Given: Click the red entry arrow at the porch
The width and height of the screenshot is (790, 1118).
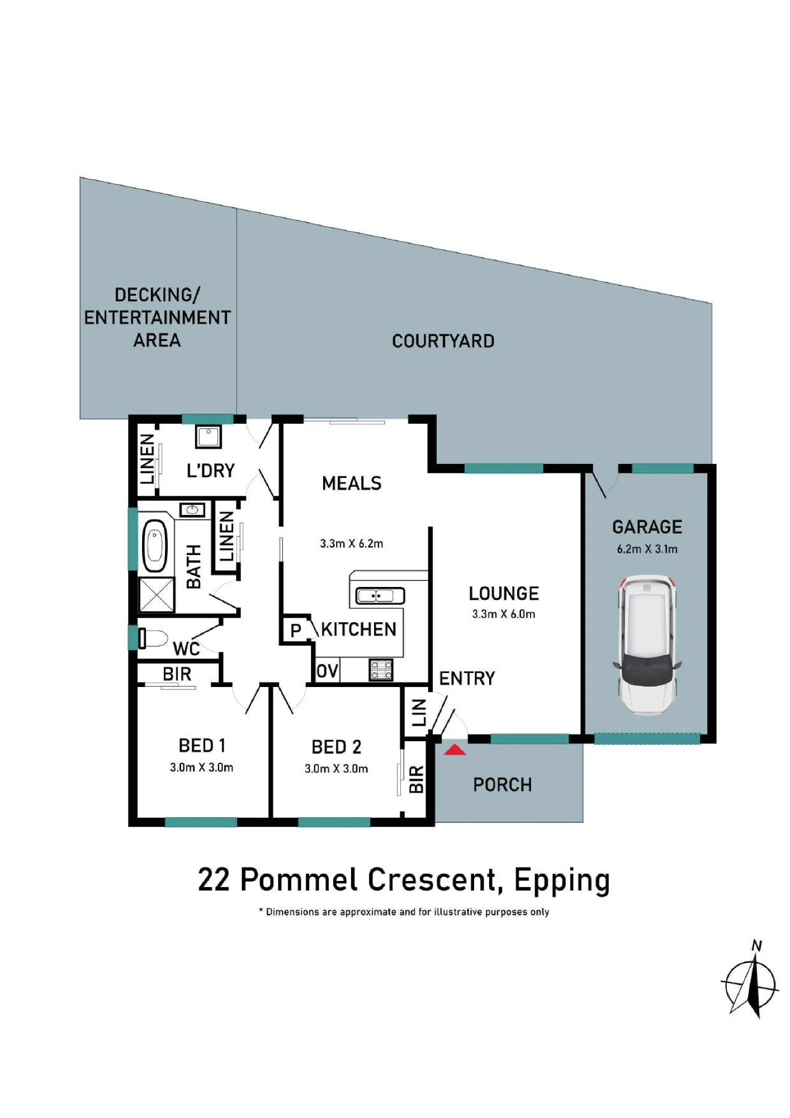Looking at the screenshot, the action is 455,750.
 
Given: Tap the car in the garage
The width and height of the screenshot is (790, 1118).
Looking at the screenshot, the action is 647,645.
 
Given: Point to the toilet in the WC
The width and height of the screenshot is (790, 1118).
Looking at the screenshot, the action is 153,638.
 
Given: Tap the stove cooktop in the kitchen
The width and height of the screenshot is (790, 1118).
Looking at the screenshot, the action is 381,670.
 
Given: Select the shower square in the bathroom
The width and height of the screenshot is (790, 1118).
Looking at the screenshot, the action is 157,595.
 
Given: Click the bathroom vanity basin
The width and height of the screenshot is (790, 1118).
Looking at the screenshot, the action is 192,509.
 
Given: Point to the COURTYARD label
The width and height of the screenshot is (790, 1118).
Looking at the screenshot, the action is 443,341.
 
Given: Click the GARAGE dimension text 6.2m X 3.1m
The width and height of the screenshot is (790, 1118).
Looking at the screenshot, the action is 647,549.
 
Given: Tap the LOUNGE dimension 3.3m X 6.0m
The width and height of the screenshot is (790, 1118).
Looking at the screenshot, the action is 504,614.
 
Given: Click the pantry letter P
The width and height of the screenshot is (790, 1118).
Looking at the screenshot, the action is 296,631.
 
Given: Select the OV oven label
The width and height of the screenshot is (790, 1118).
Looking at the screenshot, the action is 328,670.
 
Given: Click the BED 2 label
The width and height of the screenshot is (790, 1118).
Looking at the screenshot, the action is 336,747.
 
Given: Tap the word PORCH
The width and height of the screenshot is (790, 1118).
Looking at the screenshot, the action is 503,785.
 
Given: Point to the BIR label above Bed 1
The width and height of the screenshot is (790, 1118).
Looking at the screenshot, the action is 177,674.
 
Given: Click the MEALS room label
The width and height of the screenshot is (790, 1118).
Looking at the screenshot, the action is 352,483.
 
